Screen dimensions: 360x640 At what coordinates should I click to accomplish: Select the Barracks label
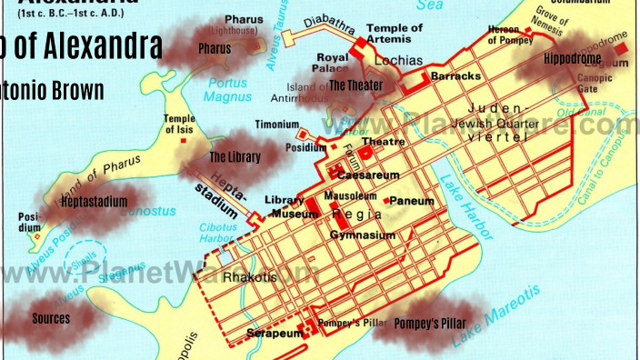click(455, 76)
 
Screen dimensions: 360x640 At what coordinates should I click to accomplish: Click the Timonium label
click(276, 125)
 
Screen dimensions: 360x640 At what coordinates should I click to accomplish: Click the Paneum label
click(412, 200)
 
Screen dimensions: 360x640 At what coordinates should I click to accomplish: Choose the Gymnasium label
click(362, 235)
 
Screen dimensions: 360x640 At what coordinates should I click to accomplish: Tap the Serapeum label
click(273, 334)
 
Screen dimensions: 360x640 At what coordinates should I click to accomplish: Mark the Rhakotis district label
click(246, 276)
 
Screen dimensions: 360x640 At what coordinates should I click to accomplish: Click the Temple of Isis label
click(179, 125)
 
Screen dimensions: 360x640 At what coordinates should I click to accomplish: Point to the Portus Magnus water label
click(226, 89)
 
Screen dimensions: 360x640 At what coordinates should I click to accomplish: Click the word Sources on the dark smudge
click(51, 318)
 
